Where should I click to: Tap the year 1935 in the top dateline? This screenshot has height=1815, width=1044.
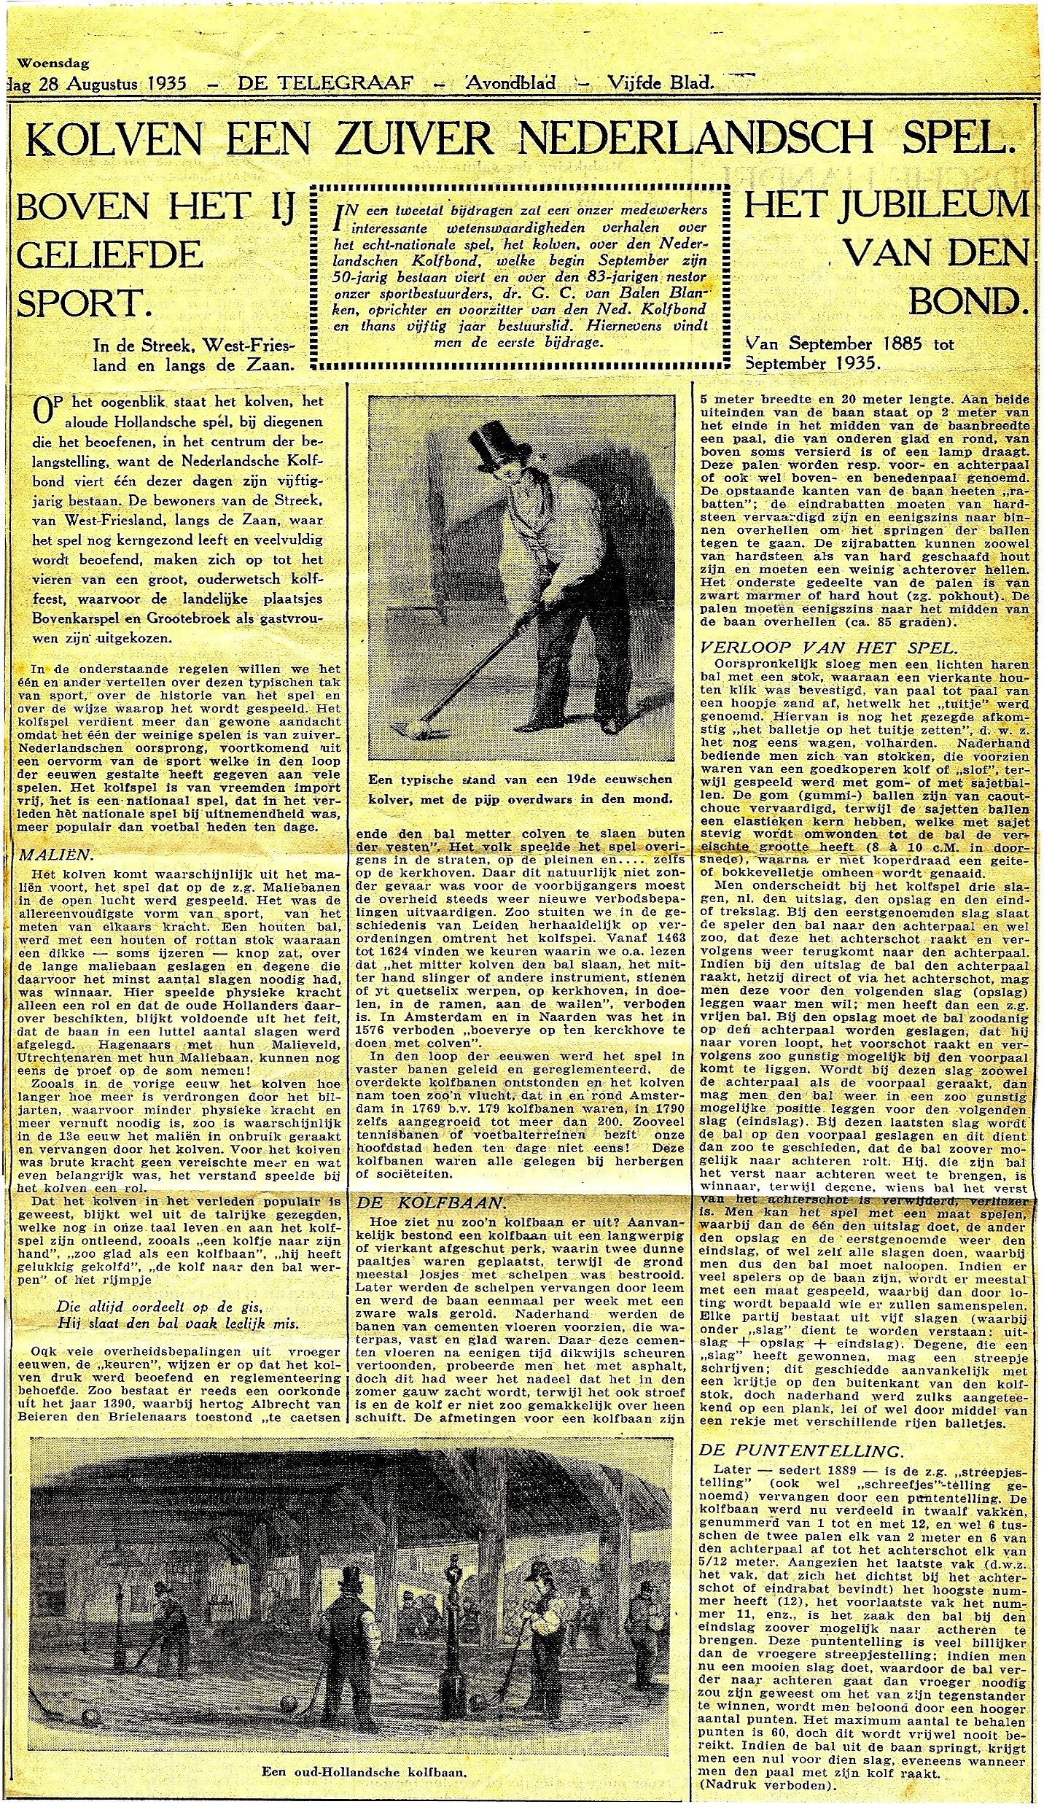tap(166, 83)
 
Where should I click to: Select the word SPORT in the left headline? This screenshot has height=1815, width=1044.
tap(82, 303)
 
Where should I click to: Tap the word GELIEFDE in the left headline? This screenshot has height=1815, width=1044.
tap(109, 256)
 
